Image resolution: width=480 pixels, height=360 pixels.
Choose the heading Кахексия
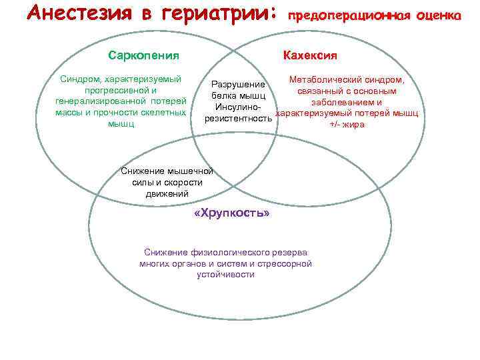click(x=310, y=55)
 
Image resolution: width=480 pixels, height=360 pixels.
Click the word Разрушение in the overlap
click(x=238, y=85)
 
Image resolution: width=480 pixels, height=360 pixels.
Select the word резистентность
click(x=238, y=119)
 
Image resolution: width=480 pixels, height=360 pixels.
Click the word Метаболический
click(x=325, y=80)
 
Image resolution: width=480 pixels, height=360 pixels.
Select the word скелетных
click(x=164, y=112)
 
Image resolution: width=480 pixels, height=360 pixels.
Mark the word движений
click(x=167, y=193)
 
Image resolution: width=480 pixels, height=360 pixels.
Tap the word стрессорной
click(x=288, y=263)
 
